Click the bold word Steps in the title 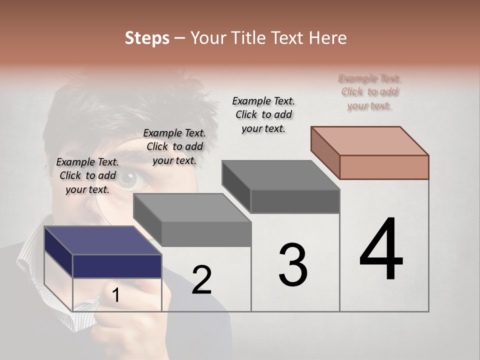(x=147, y=38)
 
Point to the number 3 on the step (x=293, y=265)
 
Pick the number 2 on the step (x=201, y=280)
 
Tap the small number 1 (x=116, y=295)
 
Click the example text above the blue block (x=87, y=175)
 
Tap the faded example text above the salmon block (x=370, y=92)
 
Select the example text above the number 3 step (x=263, y=114)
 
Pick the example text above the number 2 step (x=174, y=146)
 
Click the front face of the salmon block (x=384, y=167)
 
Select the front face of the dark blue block (x=117, y=266)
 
